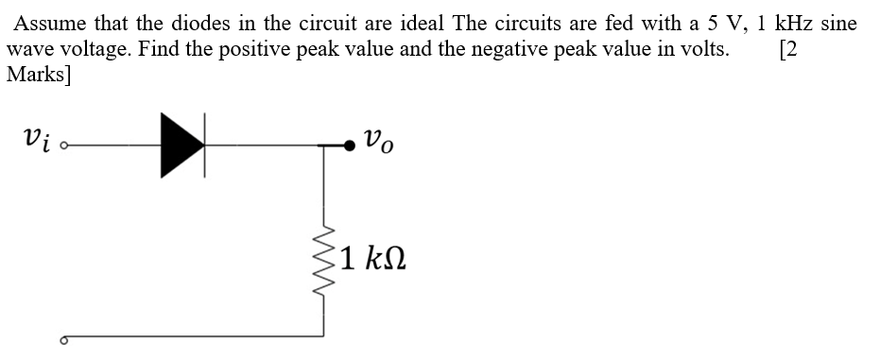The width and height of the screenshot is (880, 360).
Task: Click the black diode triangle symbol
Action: click(181, 145)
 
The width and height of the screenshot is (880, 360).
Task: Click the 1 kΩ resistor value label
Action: click(374, 257)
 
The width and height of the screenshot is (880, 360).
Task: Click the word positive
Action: click(299, 50)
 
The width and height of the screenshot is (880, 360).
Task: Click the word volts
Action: click(703, 50)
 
